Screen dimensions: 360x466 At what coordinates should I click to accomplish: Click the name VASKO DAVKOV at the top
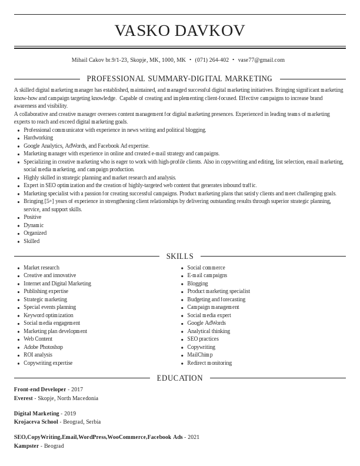click(179, 31)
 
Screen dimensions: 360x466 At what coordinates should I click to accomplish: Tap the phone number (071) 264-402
click(212, 60)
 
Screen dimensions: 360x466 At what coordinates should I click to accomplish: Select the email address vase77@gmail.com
click(261, 60)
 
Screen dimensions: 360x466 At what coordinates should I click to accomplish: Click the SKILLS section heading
click(180, 257)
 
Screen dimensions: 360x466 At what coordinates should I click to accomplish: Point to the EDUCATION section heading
click(179, 378)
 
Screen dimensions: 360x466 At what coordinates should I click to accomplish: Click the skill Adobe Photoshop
click(43, 347)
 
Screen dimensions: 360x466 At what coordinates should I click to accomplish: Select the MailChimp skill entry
click(200, 355)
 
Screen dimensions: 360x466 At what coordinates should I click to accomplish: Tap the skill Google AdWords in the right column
click(206, 323)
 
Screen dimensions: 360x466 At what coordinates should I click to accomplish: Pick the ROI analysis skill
click(38, 355)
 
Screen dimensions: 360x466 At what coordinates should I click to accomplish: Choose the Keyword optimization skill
click(48, 315)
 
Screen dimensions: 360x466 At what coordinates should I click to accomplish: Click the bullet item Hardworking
click(38, 138)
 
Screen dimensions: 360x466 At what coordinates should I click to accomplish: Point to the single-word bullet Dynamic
click(34, 225)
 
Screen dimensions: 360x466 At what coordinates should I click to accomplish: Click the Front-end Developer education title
click(40, 390)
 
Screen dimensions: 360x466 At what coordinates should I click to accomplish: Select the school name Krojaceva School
click(36, 422)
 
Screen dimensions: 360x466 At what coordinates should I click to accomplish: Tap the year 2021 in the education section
click(194, 437)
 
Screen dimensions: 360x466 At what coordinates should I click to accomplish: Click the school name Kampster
click(26, 446)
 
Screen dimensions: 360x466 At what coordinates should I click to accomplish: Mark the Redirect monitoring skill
click(209, 363)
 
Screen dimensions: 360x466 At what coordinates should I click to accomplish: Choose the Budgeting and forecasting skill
click(216, 299)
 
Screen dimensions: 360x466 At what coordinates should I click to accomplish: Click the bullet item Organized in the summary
click(35, 233)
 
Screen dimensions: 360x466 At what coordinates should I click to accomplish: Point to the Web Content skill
click(38, 339)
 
